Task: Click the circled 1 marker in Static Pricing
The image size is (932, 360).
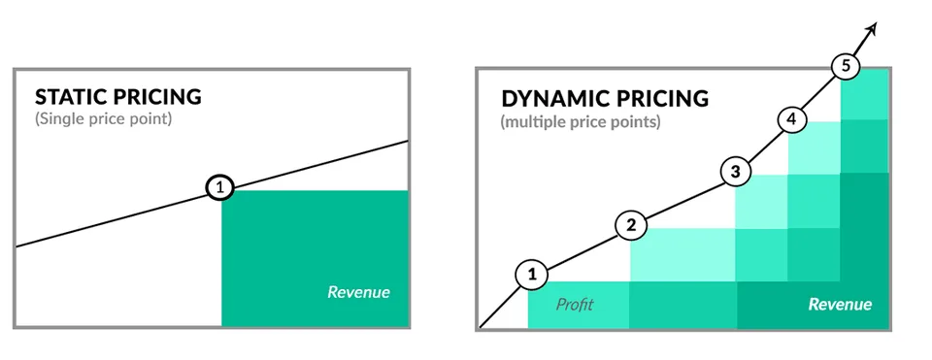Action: coord(221,188)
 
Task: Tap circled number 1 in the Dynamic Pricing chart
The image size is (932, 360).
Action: coord(531,275)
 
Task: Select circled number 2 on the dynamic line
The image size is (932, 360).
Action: coord(631,226)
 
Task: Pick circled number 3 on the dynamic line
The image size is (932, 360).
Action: coord(736,173)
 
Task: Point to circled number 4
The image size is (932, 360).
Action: coord(791,119)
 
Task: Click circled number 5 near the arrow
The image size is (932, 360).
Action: coord(847,67)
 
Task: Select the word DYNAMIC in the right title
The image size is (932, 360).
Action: coord(551,99)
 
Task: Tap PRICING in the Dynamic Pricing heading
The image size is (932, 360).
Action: coord(660,99)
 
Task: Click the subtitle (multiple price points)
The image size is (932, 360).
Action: coord(581,123)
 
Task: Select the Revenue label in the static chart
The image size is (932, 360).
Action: coord(358,291)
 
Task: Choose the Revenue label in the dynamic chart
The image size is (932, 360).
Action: coord(840,305)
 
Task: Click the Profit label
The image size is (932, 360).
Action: coord(574,305)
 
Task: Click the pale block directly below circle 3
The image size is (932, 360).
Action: coord(761,201)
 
